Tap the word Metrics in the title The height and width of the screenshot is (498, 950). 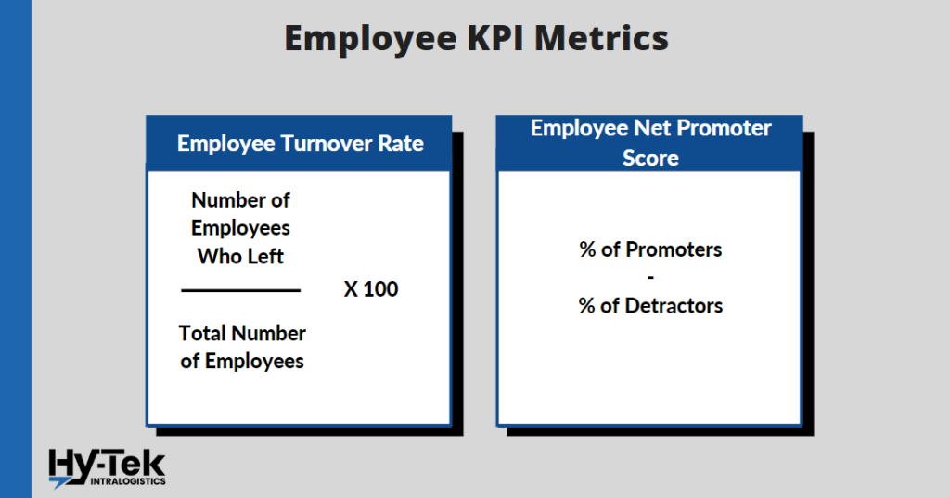(601, 38)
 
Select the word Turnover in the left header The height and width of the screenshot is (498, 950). (326, 144)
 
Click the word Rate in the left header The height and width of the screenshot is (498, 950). (401, 144)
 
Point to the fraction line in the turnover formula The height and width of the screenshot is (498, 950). (240, 291)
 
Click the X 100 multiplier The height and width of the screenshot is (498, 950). (371, 289)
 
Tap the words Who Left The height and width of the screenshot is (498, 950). (240, 256)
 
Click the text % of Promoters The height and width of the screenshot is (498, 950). (650, 249)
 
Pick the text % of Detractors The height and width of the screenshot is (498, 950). (650, 305)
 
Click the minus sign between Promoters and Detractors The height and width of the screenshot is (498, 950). (650, 278)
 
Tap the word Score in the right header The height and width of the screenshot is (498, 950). (650, 159)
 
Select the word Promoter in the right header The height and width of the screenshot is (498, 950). (724, 128)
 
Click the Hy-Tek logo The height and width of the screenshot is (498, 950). (108, 468)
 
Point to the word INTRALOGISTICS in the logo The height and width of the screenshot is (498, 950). (128, 481)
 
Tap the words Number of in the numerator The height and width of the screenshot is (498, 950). (240, 200)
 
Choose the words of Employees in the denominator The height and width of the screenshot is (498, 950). (242, 361)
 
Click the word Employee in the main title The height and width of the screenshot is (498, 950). (370, 39)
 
